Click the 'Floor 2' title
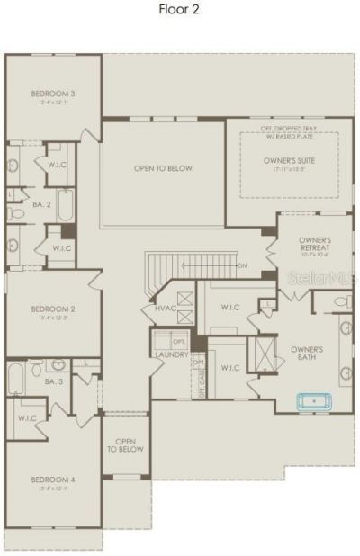point(180,10)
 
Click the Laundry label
point(171,354)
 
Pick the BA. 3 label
point(52,382)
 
